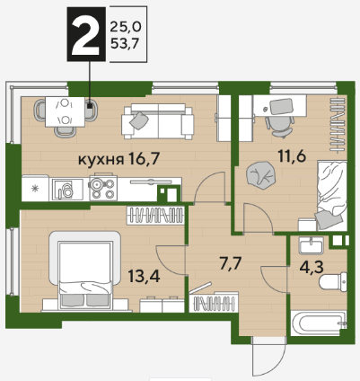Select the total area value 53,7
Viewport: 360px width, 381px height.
click(x=125, y=44)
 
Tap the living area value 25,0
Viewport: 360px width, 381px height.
click(x=126, y=27)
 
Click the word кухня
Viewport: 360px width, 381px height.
click(x=101, y=160)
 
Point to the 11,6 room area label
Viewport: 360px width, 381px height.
click(x=292, y=155)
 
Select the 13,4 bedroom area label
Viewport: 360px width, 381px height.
click(x=144, y=276)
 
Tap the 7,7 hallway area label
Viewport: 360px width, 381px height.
click(x=231, y=264)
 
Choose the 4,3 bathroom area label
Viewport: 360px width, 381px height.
click(x=312, y=267)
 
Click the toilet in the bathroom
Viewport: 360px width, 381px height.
click(x=333, y=281)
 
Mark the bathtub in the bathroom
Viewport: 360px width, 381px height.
click(x=319, y=323)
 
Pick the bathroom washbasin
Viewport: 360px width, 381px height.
click(x=312, y=245)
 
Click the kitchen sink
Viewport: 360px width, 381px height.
click(x=67, y=190)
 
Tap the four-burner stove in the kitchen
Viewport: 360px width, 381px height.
click(x=103, y=189)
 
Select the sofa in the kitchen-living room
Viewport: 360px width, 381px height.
click(x=157, y=121)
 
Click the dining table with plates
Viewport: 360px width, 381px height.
click(x=65, y=112)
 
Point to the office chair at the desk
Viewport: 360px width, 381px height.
click(x=279, y=126)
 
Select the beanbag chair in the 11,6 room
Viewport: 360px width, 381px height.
click(x=260, y=175)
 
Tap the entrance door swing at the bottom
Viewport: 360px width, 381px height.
click(x=268, y=356)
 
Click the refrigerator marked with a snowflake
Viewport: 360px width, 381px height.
click(x=35, y=189)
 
